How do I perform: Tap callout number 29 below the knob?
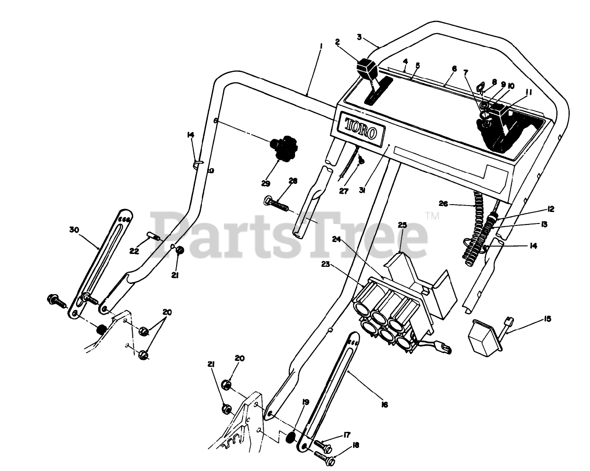tap(265, 183)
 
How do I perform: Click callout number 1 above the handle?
tap(321, 47)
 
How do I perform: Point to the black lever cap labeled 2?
tap(366, 68)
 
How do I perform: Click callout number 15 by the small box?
tap(548, 319)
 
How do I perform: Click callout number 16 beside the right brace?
tap(384, 405)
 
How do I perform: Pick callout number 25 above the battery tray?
tap(402, 225)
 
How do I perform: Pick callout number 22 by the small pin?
tap(134, 251)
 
